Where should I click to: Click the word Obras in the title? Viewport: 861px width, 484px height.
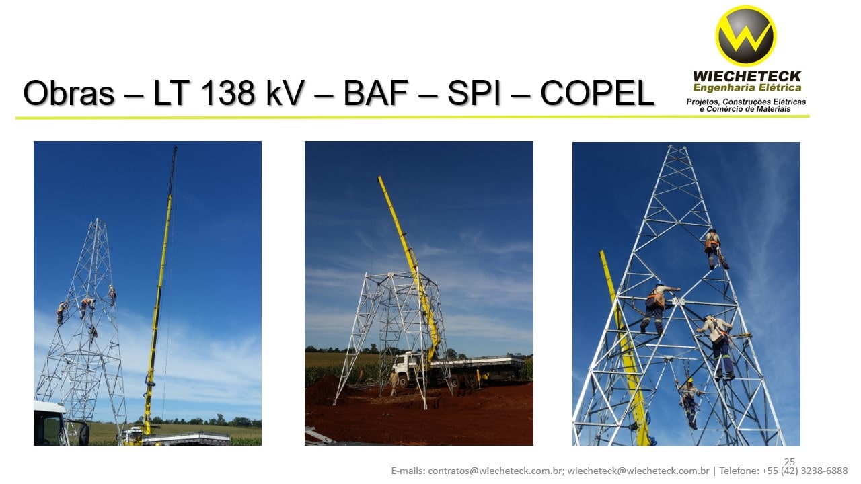coord(69,93)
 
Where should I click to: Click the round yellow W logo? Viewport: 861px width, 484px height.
coord(745,36)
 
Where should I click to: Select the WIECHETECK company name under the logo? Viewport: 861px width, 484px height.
coord(747,77)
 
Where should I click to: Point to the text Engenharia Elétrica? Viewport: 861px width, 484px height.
coord(747,88)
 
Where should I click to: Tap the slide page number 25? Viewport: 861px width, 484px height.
coord(790,461)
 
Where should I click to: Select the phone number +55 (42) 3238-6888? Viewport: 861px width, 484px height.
coord(804,471)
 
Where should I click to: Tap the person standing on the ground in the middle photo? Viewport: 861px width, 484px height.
coord(394,382)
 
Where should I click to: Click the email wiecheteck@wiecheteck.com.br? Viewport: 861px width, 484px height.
coord(638,471)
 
